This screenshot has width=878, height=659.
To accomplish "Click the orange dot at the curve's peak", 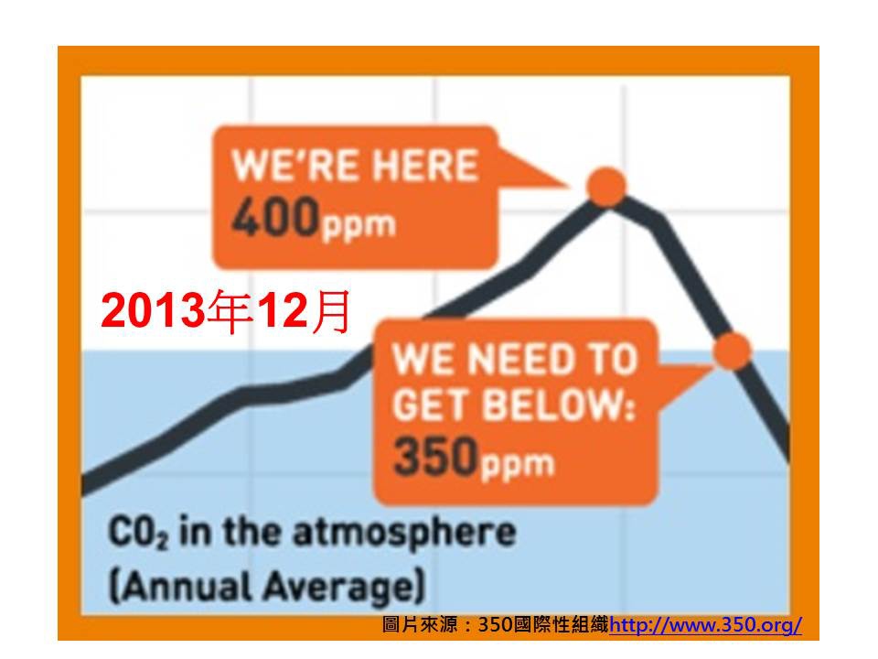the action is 607,187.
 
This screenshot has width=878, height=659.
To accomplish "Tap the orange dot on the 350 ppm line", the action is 732,351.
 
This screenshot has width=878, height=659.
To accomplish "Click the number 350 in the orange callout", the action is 435,456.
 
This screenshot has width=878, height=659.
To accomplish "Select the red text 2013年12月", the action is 226,311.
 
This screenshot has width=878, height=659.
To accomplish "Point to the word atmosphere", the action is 404,533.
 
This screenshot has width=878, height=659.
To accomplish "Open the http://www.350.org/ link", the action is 705,624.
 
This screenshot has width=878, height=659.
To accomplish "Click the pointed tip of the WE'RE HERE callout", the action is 567,186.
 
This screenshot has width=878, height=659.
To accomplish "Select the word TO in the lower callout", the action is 615,359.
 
